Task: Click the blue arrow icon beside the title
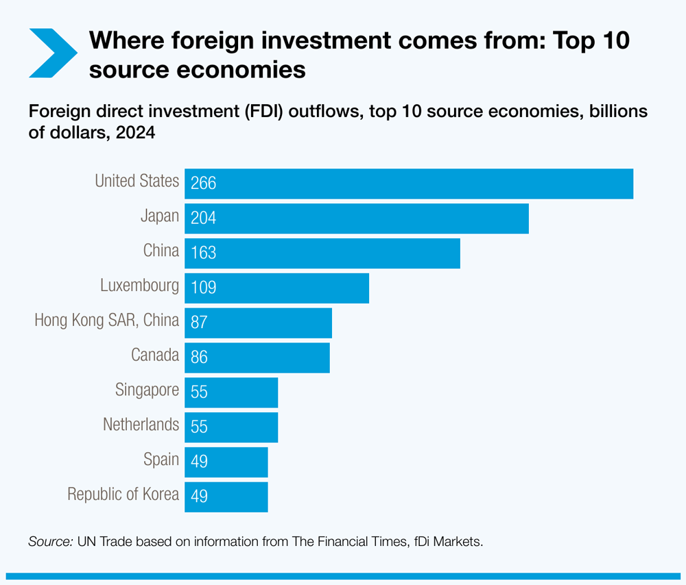coord(51,53)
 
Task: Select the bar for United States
coord(409,184)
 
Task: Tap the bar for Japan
coord(357,219)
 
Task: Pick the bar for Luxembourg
coord(276,288)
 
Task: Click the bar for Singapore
coord(231,393)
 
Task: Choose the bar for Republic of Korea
coord(226,497)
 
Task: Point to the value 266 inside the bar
coord(204,184)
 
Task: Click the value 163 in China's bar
coord(204,253)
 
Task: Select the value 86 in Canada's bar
coord(199,358)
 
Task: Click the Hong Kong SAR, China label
coord(106,320)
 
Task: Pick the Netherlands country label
coord(141,425)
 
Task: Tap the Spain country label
coord(161,460)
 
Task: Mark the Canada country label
coord(155,355)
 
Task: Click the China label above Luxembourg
coord(161,251)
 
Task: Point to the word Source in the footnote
coord(49,542)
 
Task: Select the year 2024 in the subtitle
coord(136,133)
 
